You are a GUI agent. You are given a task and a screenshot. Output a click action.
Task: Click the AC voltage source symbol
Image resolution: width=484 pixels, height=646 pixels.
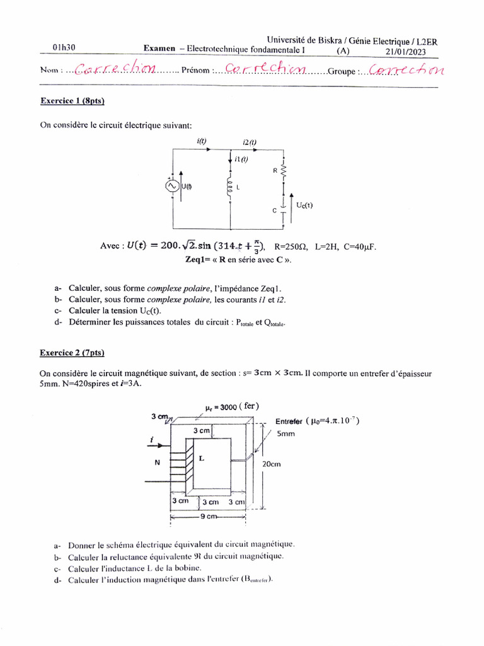(171, 187)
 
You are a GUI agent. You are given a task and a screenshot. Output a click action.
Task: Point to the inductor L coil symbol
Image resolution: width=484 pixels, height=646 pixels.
(231, 188)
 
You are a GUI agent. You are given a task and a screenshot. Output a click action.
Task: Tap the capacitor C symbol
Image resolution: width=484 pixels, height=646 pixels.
(284, 209)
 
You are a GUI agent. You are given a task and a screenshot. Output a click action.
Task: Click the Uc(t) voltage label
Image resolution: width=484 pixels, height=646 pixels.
(304, 205)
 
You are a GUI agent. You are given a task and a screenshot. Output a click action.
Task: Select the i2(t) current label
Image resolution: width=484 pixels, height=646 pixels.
(250, 143)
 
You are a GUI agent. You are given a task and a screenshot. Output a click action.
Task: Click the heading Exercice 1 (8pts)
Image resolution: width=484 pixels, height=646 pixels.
(72, 100)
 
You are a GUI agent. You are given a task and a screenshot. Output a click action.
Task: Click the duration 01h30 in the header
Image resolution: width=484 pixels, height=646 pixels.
(65, 47)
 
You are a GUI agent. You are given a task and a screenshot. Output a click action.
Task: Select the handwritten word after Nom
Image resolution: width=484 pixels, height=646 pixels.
(114, 69)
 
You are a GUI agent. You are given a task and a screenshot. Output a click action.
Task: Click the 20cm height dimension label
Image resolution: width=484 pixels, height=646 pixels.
(271, 463)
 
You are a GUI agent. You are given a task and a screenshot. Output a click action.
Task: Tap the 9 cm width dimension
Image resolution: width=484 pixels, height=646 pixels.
(208, 516)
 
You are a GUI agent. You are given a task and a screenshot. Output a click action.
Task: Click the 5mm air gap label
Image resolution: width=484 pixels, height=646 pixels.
(286, 434)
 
